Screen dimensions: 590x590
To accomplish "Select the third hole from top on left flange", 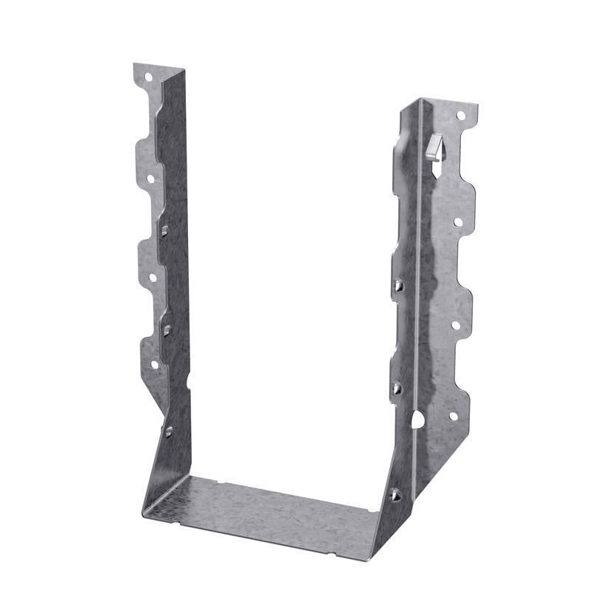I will pos(153,278).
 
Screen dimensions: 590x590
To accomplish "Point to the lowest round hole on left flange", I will pos(154,364).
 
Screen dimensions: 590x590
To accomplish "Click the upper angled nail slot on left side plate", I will pos(164,231).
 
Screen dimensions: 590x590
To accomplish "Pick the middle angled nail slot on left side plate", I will pos(167,329).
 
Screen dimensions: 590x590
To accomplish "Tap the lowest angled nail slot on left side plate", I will pos(169,431).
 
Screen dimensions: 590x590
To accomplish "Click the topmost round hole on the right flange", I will pos(461,115).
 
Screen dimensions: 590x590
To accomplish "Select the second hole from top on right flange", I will pos(457,221).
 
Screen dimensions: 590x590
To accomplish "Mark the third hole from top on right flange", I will pos(455,324).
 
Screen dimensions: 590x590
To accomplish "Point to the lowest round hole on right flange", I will pos(453,416).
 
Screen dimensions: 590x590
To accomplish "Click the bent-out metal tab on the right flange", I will pos(435,148).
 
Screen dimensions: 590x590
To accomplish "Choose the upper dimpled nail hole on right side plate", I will pos(399,285).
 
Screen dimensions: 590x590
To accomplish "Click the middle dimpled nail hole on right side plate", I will pos(397,387).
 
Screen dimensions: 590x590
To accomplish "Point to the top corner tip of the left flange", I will pos(136,65).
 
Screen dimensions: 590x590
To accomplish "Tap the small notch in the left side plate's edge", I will pos(189,381).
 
